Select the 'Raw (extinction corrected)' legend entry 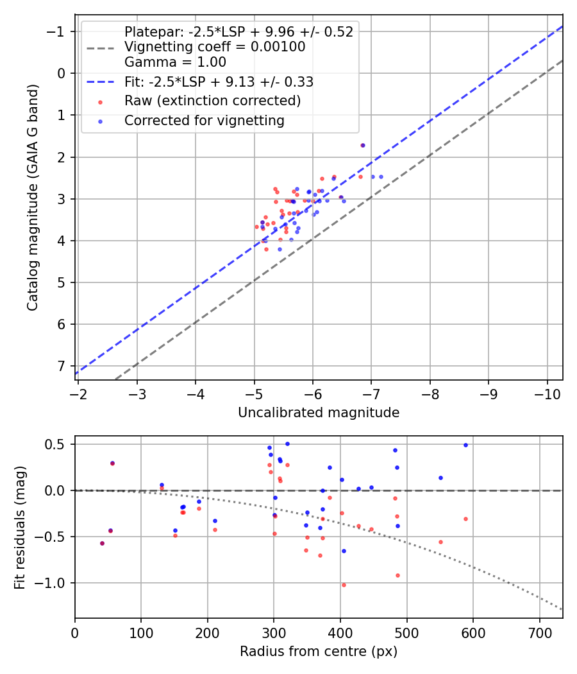point(212,101)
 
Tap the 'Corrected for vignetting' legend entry point(204,120)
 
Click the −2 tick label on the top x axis point(78,393)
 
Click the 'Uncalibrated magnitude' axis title point(319,413)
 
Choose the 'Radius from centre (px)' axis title point(319,652)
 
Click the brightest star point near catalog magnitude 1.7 point(363,145)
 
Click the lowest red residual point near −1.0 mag point(344,585)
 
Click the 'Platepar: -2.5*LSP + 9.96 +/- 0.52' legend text point(238,32)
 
